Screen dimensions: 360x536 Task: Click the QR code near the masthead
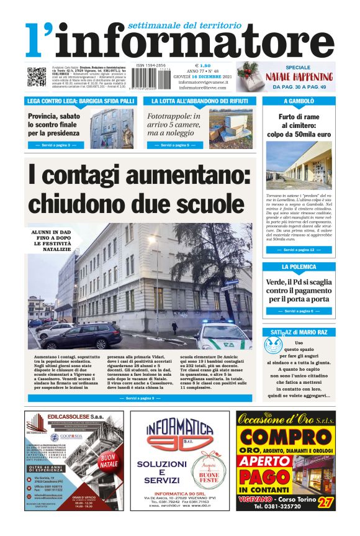pyautogui.click(x=36, y=77)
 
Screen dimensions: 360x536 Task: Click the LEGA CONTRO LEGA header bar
pyautogui.click(x=80, y=101)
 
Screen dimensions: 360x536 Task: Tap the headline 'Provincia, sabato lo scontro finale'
pyautogui.click(x=54, y=124)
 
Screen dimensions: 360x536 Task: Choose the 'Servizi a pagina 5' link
pyautogui.click(x=170, y=145)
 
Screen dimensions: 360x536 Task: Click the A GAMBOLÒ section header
pyautogui.click(x=299, y=101)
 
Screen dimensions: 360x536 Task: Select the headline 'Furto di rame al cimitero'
pyautogui.click(x=299, y=125)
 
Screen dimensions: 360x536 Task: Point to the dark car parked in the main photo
pyautogui.click(x=84, y=336)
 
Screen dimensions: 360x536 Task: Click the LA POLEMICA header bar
pyautogui.click(x=299, y=267)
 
